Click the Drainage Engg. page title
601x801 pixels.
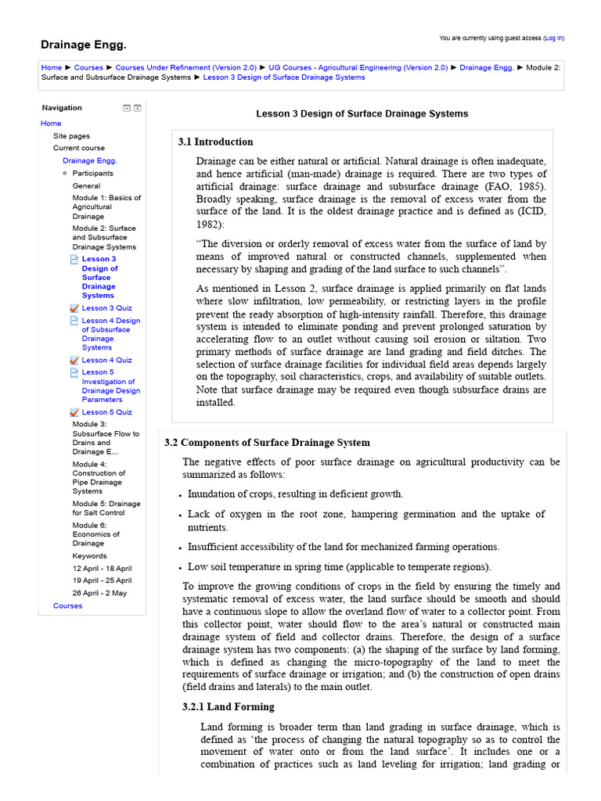[83, 45]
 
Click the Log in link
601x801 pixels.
[553, 38]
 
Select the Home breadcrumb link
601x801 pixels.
[52, 68]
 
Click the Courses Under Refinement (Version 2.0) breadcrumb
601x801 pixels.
[186, 68]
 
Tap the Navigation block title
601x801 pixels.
[62, 108]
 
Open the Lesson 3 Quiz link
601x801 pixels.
[106, 308]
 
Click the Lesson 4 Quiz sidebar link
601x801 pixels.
[106, 360]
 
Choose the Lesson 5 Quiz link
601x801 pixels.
[106, 412]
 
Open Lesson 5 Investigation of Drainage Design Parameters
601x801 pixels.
[111, 386]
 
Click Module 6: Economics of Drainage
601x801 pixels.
[96, 534]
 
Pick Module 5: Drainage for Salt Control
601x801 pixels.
[106, 508]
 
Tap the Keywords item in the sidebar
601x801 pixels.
[90, 556]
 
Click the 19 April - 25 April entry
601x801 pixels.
[103, 580]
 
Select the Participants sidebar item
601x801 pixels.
[93, 174]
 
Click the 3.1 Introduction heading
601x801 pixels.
[216, 142]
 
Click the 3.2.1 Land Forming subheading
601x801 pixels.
[228, 707]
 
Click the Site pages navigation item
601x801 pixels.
[71, 136]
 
